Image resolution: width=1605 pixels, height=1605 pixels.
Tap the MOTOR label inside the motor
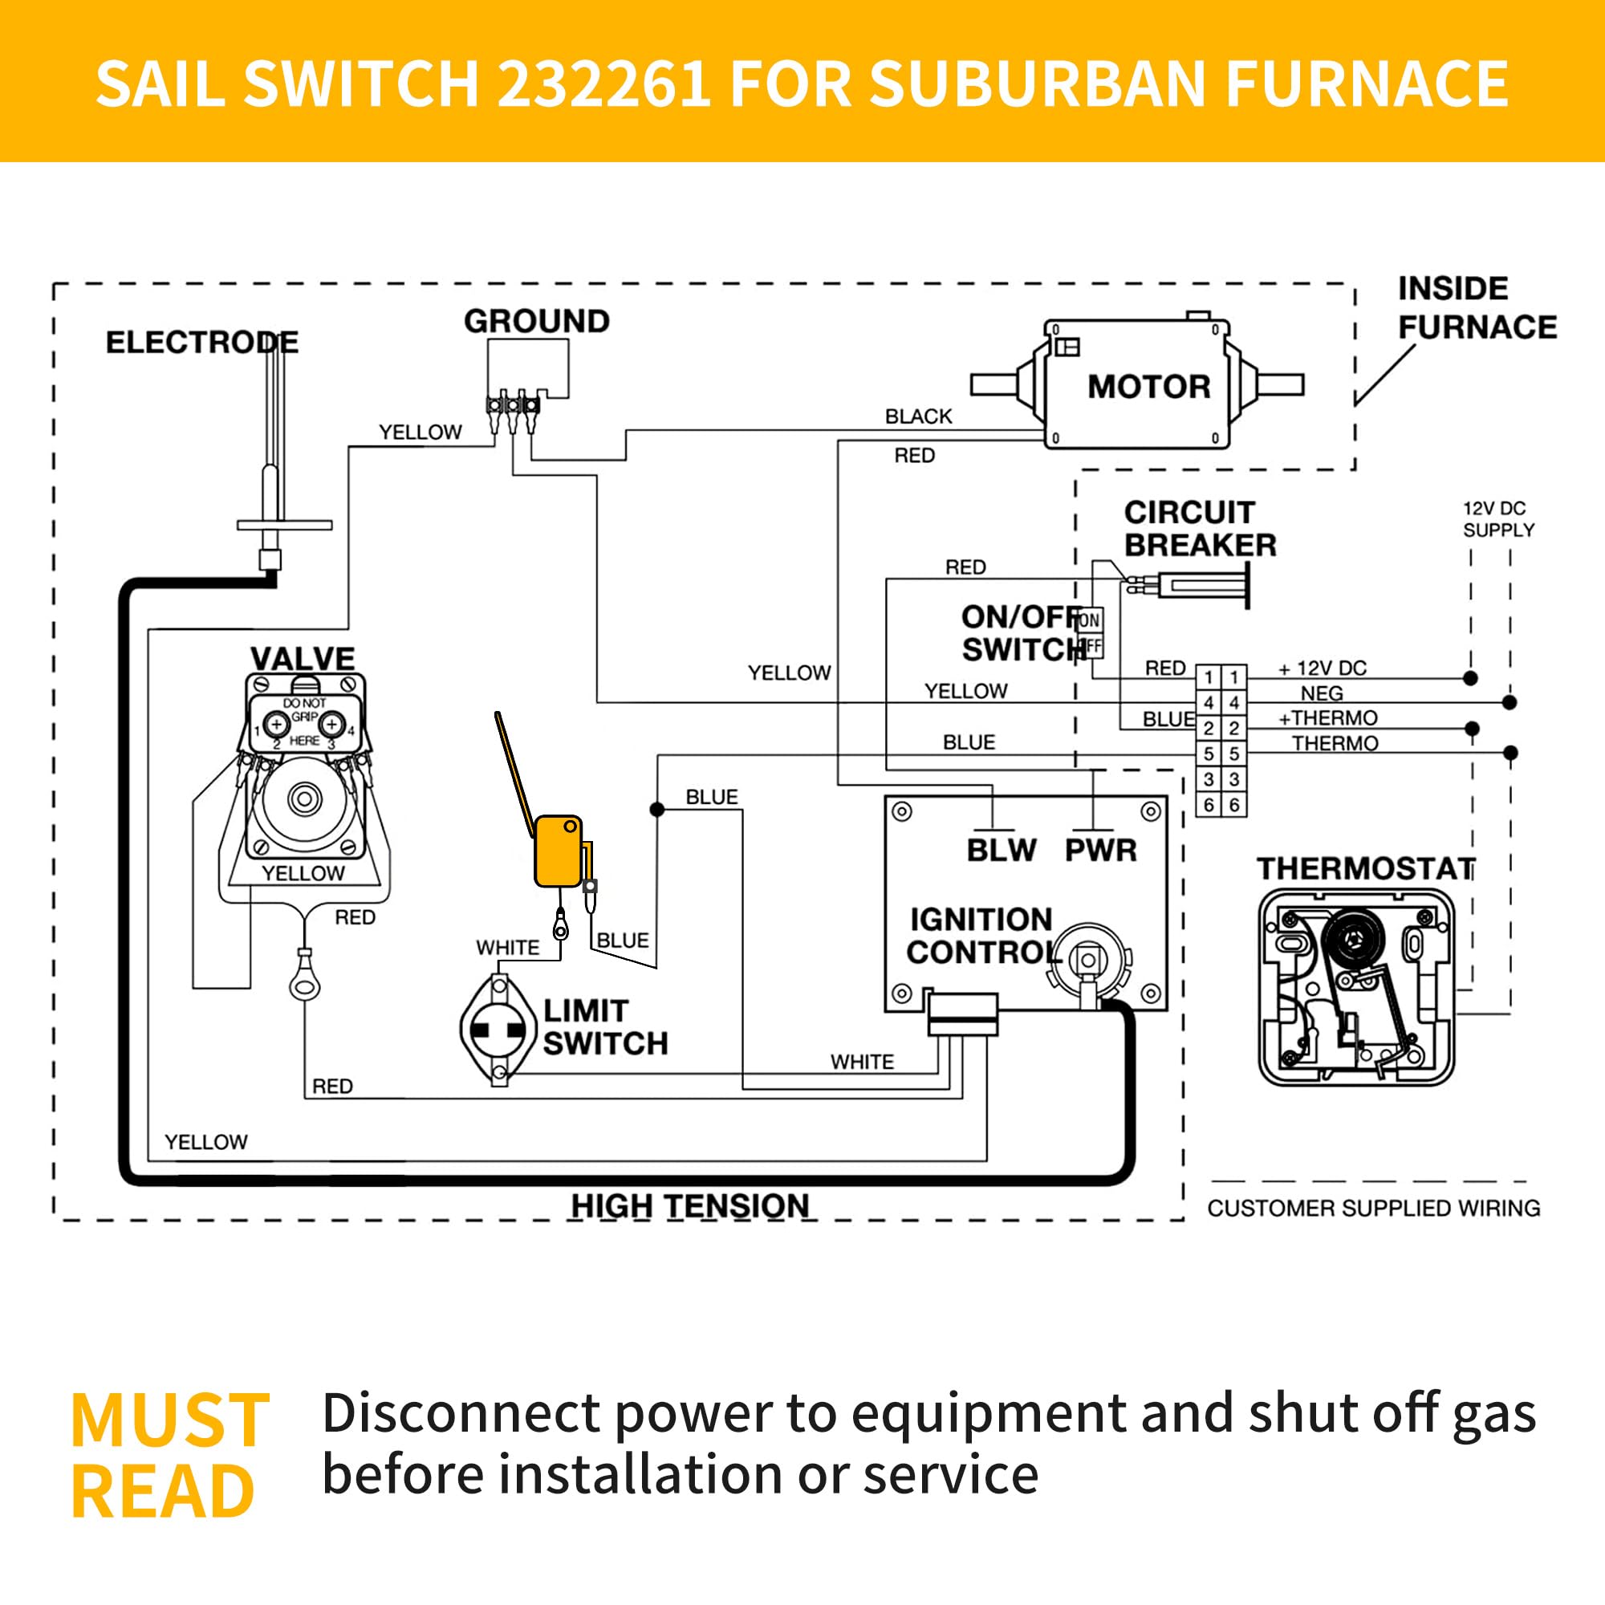[x=1149, y=387]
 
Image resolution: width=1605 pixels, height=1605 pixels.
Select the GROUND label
[x=537, y=322]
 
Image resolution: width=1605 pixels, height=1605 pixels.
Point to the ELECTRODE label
[x=202, y=343]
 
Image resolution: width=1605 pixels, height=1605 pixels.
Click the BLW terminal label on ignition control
[x=1001, y=850]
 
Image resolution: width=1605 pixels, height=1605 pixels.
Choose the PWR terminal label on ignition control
[x=1101, y=850]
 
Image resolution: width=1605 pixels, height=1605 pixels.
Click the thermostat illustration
[x=1355, y=987]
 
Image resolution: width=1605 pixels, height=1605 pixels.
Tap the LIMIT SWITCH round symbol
[x=498, y=1030]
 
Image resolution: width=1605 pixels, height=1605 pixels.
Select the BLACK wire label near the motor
[x=918, y=416]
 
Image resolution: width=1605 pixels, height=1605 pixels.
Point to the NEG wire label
[x=1322, y=693]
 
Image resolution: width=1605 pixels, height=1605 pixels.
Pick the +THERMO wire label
[x=1327, y=717]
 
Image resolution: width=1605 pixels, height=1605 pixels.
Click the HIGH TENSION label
[x=689, y=1206]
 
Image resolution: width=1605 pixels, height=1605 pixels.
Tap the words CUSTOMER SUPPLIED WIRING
[x=1373, y=1208]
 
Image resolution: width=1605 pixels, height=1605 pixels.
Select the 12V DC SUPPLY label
[x=1497, y=519]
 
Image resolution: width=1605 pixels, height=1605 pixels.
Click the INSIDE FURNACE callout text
[x=1477, y=308]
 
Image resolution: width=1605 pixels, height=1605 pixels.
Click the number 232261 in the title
[x=604, y=83]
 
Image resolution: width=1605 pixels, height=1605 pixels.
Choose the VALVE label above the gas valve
[x=303, y=659]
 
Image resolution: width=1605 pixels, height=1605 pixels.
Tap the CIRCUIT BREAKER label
[x=1200, y=528]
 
